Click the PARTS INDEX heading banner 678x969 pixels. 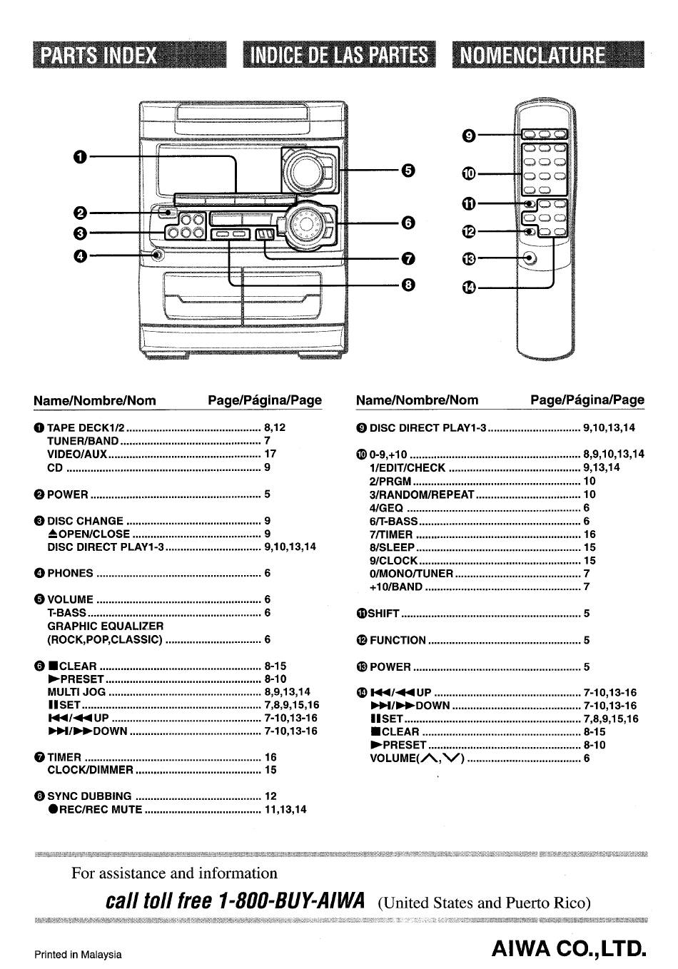point(129,54)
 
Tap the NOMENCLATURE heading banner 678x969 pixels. point(548,54)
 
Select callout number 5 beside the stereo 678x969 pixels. point(408,171)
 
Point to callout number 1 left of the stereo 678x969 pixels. point(80,156)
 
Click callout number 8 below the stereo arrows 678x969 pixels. point(408,285)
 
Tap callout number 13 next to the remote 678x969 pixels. point(469,259)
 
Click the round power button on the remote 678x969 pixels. point(529,259)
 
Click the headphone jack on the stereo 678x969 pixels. point(158,255)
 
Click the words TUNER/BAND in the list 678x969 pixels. point(83,441)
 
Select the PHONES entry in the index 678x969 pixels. point(70,573)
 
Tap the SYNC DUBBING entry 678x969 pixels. point(89,796)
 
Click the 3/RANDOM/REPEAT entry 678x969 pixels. point(422,494)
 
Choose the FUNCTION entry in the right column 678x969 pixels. point(398,640)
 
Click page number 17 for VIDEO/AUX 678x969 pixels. point(270,454)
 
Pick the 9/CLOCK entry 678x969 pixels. point(393,561)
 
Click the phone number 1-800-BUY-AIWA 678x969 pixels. point(291,901)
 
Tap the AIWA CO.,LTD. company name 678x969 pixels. point(569,949)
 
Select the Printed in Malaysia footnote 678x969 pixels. point(78,955)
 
